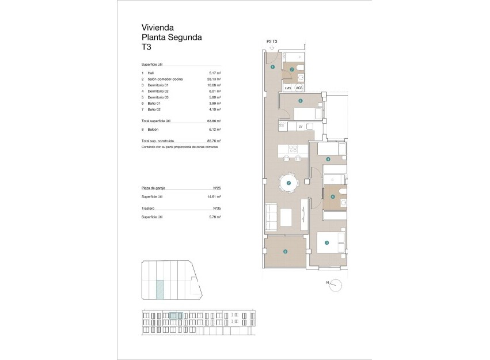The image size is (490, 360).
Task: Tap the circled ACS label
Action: click(x=299, y=88)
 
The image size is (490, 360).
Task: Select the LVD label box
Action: click(x=288, y=88)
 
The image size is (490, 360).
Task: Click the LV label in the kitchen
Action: click(x=300, y=126)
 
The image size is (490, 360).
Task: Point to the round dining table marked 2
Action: click(x=288, y=184)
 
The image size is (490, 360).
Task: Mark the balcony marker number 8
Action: click(x=285, y=251)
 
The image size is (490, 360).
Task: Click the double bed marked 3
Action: click(x=330, y=242)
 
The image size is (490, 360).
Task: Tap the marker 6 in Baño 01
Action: click(x=332, y=197)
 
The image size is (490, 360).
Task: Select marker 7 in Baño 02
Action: click(x=292, y=70)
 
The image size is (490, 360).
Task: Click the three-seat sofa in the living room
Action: click(x=270, y=218)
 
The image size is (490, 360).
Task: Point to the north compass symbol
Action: click(x=336, y=283)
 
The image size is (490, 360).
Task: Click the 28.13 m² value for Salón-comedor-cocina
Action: click(x=215, y=79)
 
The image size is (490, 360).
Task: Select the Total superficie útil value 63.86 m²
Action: click(x=214, y=122)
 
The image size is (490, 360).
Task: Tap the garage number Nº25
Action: click(x=217, y=188)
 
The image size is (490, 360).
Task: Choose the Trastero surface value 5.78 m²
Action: click(x=215, y=217)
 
